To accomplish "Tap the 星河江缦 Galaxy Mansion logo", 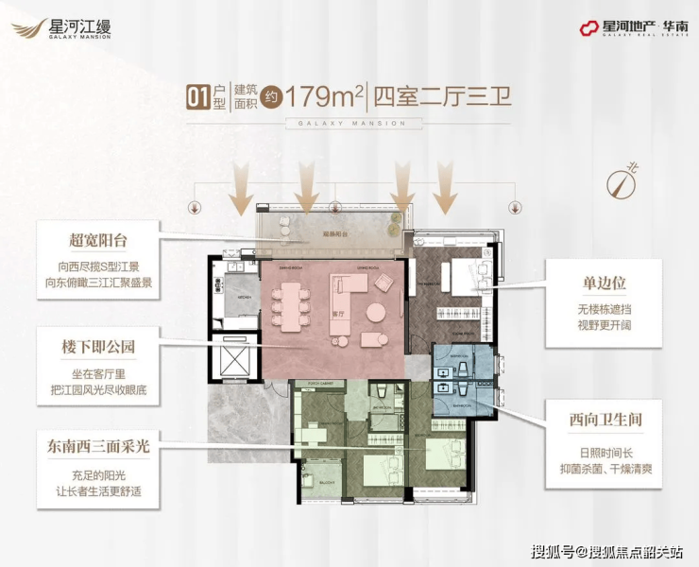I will click(x=62, y=29).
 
